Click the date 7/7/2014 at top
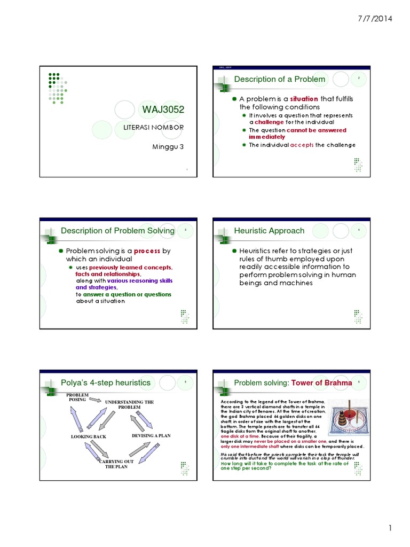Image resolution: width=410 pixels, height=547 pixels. pos(374,19)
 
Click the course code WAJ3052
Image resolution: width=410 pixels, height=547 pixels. pos(163,110)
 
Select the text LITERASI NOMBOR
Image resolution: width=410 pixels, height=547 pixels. pos(153,127)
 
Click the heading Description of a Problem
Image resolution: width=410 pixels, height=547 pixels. pos(280,79)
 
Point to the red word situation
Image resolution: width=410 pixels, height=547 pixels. pos(304,99)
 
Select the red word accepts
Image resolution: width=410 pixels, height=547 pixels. pos(302,145)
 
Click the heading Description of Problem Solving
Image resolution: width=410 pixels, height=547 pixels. pos(117,231)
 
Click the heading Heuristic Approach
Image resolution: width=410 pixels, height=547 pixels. pos(269,231)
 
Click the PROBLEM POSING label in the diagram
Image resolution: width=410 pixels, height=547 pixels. pos(77,397)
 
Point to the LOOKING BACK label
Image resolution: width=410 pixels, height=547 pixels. pos(89,436)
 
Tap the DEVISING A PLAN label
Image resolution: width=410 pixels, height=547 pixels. pos(151,435)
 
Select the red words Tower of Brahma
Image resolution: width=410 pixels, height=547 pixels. pos(322,382)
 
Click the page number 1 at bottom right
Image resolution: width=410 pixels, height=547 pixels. pos(390,529)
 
